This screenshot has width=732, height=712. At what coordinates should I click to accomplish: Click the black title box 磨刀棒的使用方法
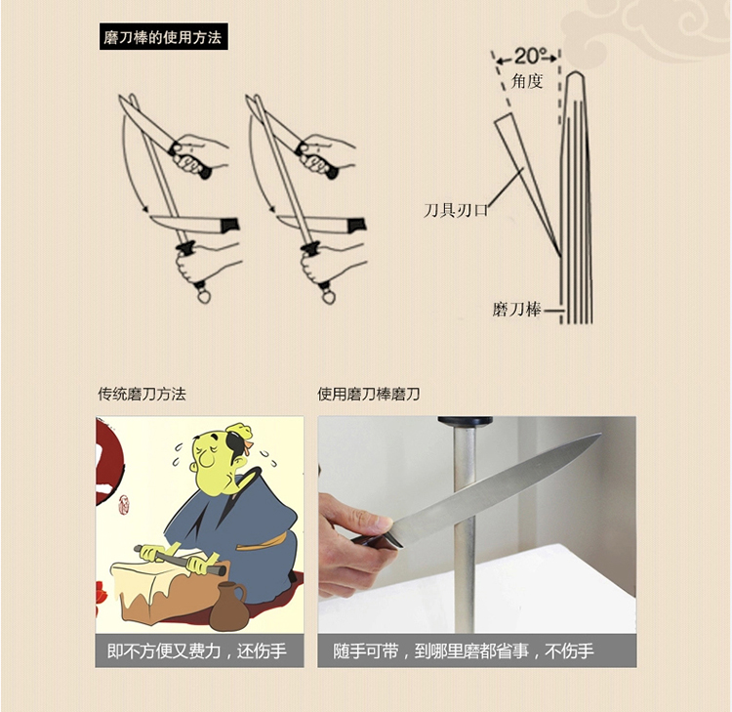coord(163,36)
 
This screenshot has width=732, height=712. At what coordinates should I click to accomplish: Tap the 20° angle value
coord(528,57)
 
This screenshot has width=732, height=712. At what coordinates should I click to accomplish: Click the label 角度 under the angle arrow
coord(527,81)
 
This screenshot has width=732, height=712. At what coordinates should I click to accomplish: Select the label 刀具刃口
coord(455,210)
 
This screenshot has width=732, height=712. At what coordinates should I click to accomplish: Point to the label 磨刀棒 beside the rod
coord(516,310)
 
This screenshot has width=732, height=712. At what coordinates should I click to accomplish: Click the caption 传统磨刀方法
coord(142,394)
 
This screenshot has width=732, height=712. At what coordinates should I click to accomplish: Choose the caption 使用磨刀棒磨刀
coord(368,394)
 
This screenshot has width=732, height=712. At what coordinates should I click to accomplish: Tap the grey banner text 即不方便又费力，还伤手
coord(196,650)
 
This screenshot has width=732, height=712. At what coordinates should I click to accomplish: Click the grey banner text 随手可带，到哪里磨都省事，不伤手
coord(463,650)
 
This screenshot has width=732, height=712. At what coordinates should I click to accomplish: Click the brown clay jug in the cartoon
coord(229,607)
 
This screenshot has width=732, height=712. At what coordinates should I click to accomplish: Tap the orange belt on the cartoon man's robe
coord(261,542)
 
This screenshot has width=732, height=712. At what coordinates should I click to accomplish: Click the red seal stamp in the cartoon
coord(123,505)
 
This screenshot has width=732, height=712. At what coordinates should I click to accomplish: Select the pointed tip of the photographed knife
coord(600,435)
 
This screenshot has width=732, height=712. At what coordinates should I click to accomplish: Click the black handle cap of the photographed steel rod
coord(465,422)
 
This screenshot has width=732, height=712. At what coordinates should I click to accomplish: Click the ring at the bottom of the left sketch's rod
coord(204,296)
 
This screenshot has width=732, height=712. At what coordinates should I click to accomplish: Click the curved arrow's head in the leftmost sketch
coord(145,209)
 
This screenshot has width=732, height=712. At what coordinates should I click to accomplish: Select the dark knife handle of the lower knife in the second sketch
coord(355,226)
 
